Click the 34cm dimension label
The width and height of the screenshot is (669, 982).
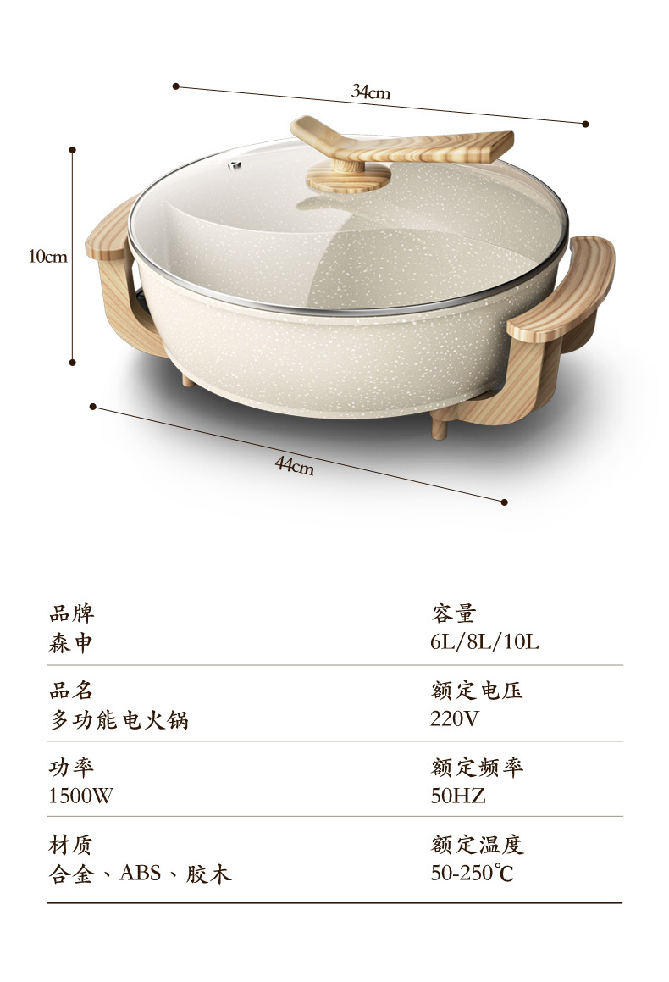click(371, 92)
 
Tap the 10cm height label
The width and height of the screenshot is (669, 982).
click(47, 256)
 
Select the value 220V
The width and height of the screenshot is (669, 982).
click(455, 719)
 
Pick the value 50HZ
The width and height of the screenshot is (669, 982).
click(458, 796)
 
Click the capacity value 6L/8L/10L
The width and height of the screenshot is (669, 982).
click(484, 642)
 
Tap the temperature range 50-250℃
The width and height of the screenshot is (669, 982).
click(472, 874)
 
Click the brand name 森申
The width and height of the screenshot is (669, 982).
click(71, 643)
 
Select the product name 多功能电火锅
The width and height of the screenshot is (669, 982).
click(119, 720)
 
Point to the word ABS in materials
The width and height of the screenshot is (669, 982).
click(141, 874)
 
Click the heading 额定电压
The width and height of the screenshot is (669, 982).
click(477, 691)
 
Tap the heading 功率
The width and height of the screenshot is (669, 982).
click(71, 768)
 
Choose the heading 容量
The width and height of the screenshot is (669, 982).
click(453, 613)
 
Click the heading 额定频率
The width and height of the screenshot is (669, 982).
click(477, 768)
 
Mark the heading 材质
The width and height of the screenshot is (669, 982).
click(71, 845)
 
